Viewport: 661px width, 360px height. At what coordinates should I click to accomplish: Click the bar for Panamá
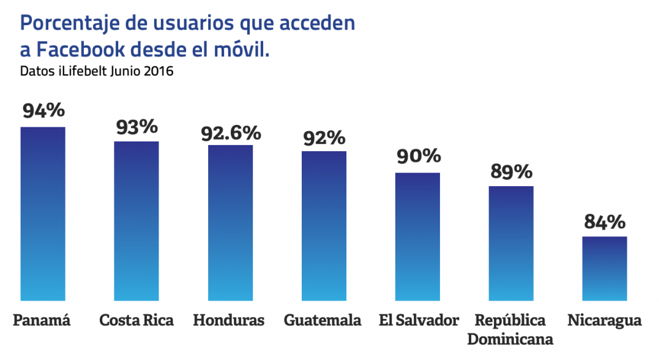click(x=43, y=214)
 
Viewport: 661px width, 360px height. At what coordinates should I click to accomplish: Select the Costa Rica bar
click(x=136, y=221)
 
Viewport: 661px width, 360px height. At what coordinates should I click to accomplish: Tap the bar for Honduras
click(x=230, y=223)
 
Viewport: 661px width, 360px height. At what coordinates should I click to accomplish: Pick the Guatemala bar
click(x=324, y=226)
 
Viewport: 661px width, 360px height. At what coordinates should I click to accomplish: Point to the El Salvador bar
click(x=417, y=236)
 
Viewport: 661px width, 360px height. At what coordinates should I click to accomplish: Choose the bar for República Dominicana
click(x=511, y=243)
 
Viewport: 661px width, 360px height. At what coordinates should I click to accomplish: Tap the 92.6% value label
click(x=231, y=133)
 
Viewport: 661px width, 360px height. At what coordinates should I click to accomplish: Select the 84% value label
click(x=605, y=221)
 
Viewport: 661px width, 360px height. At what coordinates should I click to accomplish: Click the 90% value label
click(x=419, y=156)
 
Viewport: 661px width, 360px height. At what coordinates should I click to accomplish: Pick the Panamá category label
click(x=42, y=320)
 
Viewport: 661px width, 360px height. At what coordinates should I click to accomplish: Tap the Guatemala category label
click(x=323, y=320)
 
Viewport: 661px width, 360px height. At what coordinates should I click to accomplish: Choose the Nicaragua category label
click(x=604, y=320)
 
